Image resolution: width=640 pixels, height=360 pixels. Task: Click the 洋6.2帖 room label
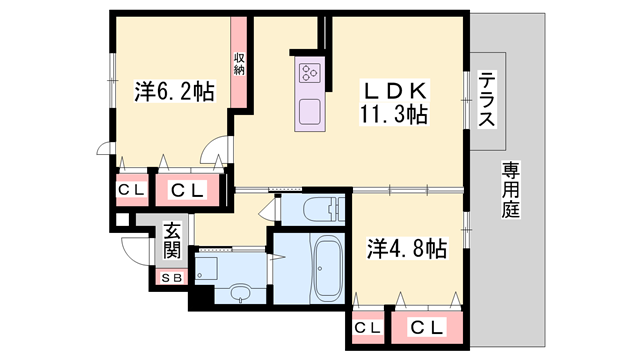coord(174,92)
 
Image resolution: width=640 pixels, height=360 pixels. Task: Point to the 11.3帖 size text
coord(394,114)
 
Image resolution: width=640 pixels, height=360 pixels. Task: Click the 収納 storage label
coord(240,63)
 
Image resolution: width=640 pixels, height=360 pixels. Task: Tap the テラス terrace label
coord(487,100)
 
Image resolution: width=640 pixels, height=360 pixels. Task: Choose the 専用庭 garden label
coord(513,190)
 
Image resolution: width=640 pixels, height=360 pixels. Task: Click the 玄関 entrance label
coord(172,241)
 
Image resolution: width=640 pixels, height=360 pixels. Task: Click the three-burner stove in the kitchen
coord(307,72)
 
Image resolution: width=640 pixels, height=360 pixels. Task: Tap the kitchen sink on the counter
coord(307,110)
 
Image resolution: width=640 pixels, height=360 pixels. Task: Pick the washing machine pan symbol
coord(208,267)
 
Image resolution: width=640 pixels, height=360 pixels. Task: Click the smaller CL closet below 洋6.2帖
coord(131,189)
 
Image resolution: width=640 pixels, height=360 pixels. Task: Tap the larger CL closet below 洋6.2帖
coord(187,189)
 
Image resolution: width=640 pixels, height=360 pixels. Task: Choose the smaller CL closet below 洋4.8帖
coord(366,327)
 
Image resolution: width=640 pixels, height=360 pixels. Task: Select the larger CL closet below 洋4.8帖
coord(427,327)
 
